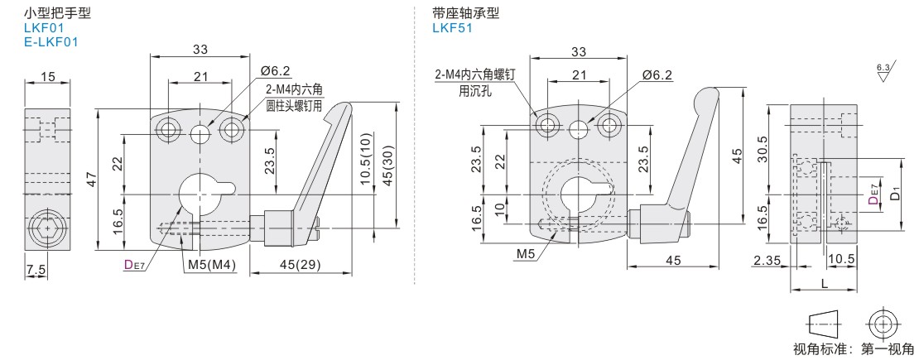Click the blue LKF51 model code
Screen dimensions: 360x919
[x=451, y=26]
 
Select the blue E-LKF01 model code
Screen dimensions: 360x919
[x=51, y=41]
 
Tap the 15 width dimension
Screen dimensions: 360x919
[x=47, y=77]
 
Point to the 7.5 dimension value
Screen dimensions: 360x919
[x=35, y=270]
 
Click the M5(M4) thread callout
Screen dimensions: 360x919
[x=212, y=265]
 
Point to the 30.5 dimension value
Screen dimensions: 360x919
[x=763, y=149]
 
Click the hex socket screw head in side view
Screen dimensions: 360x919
[x=47, y=226]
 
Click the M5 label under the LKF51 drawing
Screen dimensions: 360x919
[x=526, y=252]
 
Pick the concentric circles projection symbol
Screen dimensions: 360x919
[x=883, y=323]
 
